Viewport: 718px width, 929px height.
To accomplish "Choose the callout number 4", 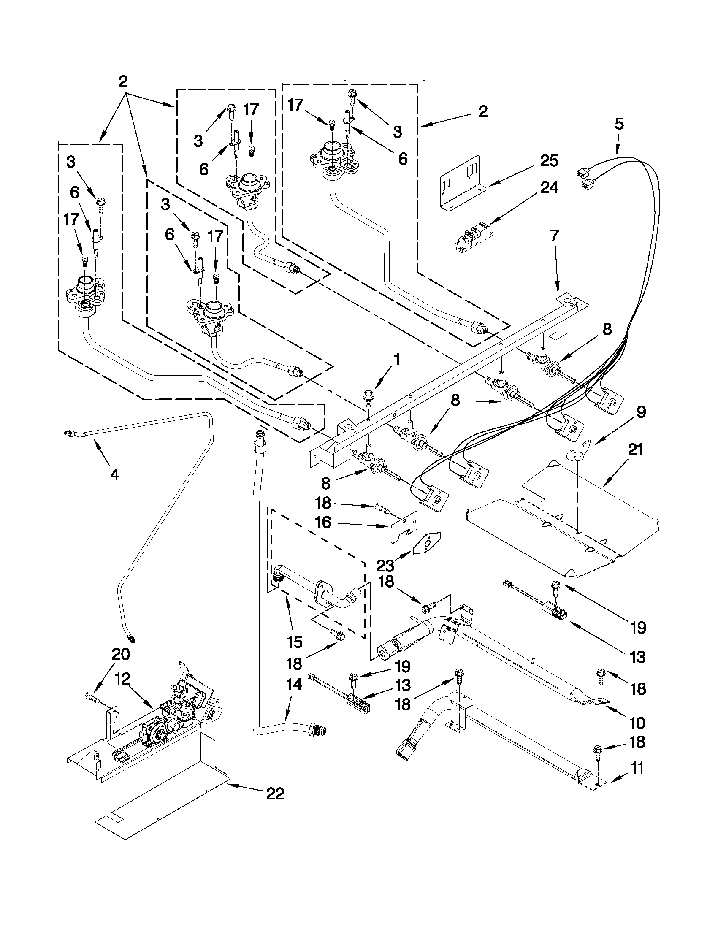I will (x=114, y=475).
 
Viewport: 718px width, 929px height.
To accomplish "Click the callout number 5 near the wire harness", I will (x=619, y=124).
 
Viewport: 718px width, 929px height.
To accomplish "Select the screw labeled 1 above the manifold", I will (x=367, y=397).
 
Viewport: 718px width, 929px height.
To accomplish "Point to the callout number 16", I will (x=323, y=522).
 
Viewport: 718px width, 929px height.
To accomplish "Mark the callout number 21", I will (x=635, y=450).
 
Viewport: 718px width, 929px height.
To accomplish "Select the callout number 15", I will (x=294, y=642).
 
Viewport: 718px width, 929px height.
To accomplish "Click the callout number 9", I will (x=642, y=412).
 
